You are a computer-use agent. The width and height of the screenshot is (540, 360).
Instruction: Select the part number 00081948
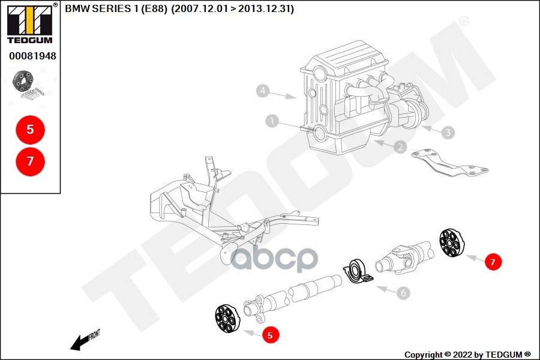tap(32, 56)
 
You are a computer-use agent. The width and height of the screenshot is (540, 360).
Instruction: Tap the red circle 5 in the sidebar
tap(30, 128)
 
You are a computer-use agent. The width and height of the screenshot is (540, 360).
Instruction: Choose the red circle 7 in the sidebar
tap(30, 160)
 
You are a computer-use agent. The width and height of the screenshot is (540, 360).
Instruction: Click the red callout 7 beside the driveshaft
tap(493, 262)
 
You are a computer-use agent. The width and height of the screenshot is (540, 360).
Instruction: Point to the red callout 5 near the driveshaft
tap(269, 335)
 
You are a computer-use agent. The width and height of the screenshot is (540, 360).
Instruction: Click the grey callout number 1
tap(272, 121)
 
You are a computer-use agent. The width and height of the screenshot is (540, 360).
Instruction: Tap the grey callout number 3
tap(447, 131)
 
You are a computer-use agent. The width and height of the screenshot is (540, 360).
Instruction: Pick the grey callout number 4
tap(262, 91)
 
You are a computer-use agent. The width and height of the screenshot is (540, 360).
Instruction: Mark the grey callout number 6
tap(404, 293)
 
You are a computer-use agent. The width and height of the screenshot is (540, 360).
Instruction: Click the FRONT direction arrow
tap(84, 340)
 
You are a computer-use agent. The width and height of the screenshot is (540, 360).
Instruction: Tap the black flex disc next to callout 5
tap(227, 319)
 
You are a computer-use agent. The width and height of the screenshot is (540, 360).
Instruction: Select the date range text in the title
tap(232, 9)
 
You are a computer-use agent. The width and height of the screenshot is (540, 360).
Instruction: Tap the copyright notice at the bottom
tap(467, 355)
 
